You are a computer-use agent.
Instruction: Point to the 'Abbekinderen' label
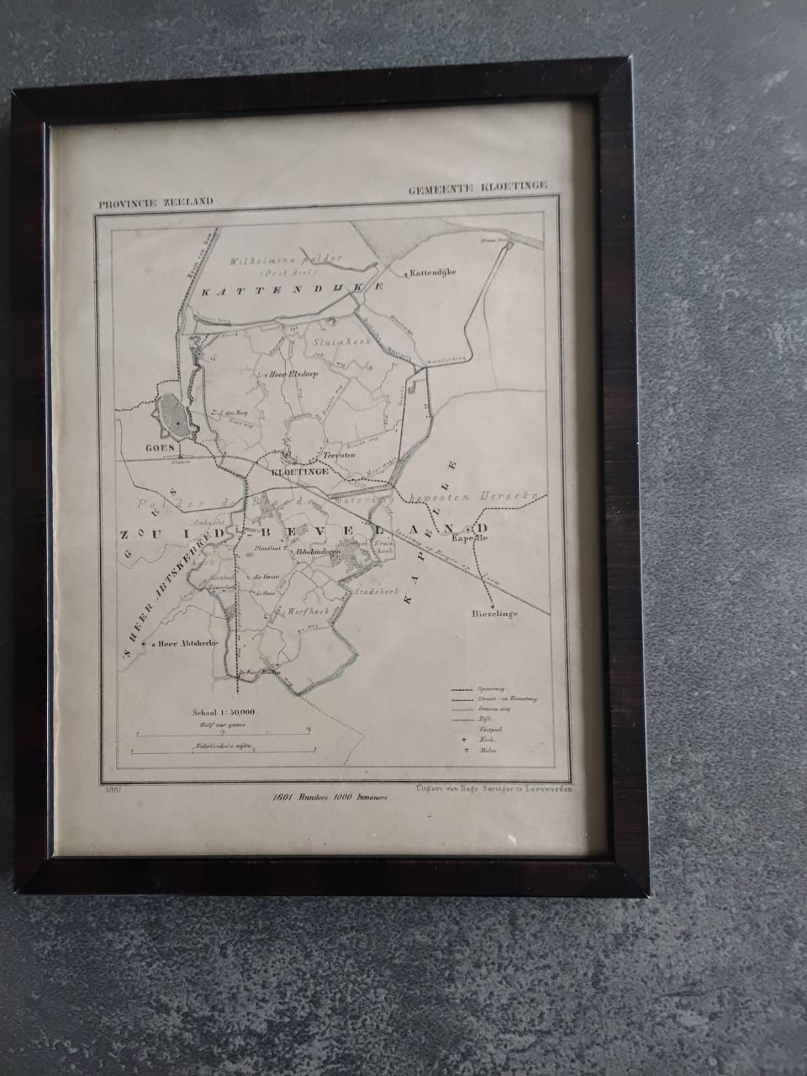[x=315, y=553]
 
